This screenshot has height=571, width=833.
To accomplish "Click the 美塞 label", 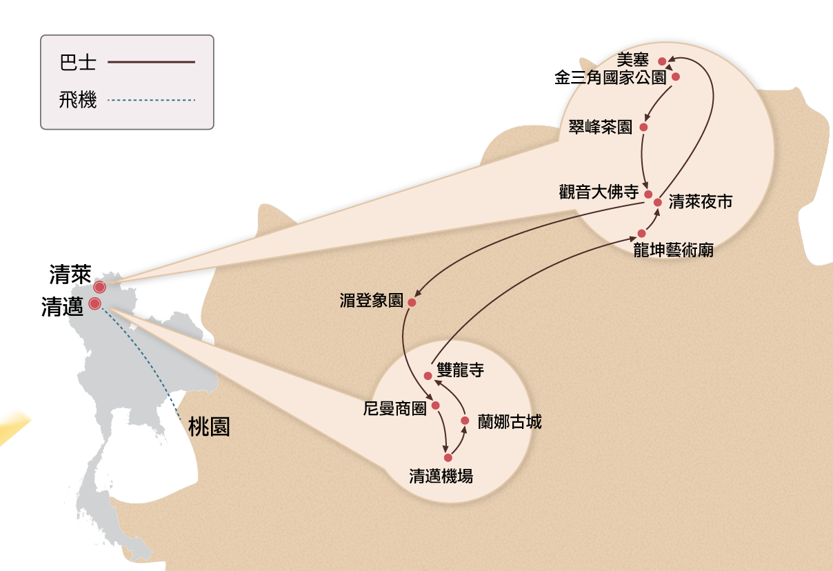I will pos(632,61).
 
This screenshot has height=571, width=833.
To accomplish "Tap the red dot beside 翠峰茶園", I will pos(643,127).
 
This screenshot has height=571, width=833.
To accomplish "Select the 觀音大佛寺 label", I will pos(599,192).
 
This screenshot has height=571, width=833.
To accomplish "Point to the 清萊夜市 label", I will pos(701,202).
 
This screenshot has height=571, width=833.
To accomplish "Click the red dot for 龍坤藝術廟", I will pos(641,233).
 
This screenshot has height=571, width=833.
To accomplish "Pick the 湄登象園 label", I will pos(371,301).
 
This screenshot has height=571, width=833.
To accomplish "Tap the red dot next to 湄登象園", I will pos(412,302).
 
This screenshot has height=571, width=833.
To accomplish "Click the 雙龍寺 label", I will pos(461,370).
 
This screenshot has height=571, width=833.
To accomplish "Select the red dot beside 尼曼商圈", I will pos(435,405).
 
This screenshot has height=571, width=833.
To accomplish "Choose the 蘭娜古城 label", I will pos(510,422).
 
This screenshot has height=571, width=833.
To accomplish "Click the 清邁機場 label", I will pos(441,476).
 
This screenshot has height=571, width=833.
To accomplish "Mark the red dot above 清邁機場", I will pos(448,457).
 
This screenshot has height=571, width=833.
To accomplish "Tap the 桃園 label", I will pos(209,428).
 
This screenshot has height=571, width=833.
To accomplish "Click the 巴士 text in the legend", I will pos(78,63).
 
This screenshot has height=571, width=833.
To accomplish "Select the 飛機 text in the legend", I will pos(78,101).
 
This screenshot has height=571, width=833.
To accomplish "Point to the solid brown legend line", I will pos(151,62).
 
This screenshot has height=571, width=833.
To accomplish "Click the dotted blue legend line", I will pos(151,101).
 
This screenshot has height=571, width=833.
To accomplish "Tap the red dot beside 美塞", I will pos(662,61).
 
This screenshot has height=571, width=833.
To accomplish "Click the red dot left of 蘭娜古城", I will pos(465,420).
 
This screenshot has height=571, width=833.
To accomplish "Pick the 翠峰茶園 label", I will pos(601,127).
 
